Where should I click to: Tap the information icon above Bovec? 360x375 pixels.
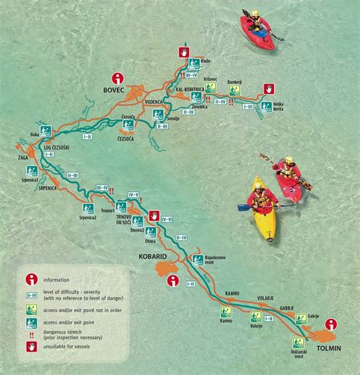pos(118,77)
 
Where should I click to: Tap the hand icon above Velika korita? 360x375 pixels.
pos(269,90)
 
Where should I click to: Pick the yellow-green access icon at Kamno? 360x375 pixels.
pos(226,311)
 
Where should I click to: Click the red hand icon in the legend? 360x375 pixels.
pos(32,348)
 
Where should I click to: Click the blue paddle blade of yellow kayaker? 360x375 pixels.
pos(243,206)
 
